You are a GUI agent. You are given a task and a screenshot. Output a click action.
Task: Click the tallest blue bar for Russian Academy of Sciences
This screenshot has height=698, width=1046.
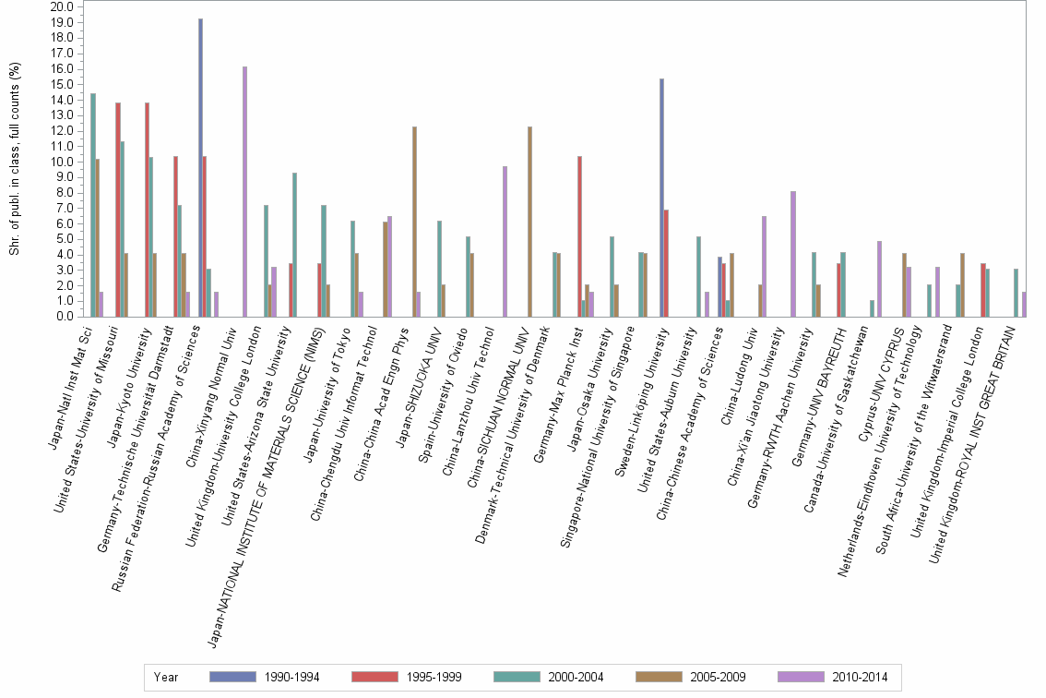(200, 167)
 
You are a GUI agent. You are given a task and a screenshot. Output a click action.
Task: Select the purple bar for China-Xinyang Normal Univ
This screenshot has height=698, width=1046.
(244, 191)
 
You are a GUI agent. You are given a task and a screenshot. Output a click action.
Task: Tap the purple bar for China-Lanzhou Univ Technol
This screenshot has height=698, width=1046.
(505, 241)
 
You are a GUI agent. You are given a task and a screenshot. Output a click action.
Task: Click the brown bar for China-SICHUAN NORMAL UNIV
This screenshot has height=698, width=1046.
(529, 222)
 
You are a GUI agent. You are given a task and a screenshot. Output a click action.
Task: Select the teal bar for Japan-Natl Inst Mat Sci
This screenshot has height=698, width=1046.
(93, 205)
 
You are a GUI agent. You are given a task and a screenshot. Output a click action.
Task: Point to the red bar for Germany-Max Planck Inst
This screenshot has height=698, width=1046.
(579, 236)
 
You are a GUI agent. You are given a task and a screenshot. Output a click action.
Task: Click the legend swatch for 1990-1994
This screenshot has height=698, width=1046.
(232, 677)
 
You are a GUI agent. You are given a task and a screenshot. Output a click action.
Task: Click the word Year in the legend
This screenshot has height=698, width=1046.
(166, 677)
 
